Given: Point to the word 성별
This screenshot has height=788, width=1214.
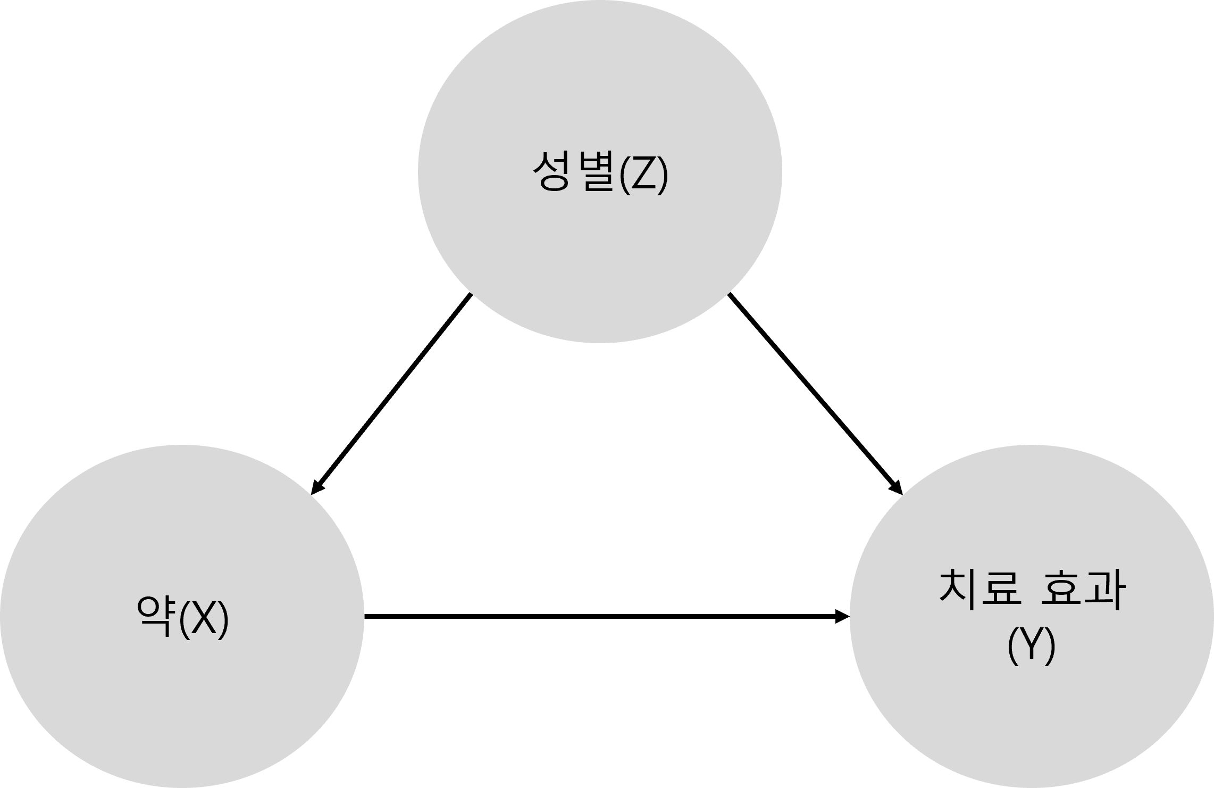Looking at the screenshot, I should (574, 171).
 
